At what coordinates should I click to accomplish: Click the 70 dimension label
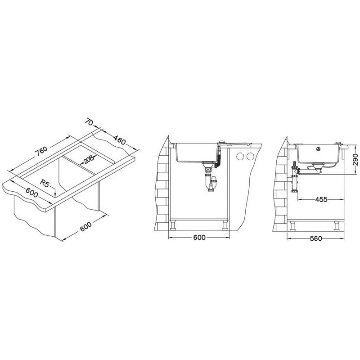pyautogui.click(x=89, y=121)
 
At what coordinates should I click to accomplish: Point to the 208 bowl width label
pyautogui.click(x=89, y=159)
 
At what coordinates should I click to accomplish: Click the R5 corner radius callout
pyautogui.click(x=44, y=184)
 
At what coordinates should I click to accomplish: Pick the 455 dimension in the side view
pyautogui.click(x=321, y=199)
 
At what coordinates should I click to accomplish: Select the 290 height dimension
pyautogui.click(x=355, y=160)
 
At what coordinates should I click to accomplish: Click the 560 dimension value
pyautogui.click(x=316, y=238)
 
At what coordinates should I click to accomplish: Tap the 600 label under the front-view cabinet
pyautogui.click(x=199, y=238)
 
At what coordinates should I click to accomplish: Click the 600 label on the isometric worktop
pyautogui.click(x=31, y=193)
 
